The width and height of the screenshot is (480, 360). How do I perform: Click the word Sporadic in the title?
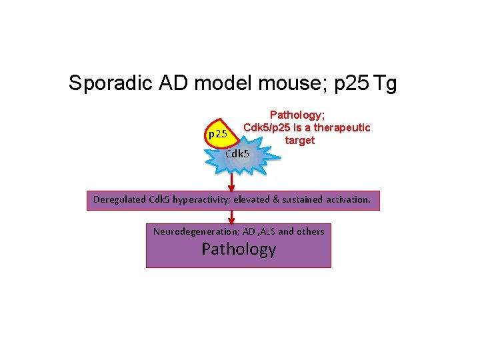coord(111,83)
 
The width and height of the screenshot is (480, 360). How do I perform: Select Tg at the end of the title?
coord(385,83)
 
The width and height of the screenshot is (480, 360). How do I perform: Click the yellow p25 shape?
coord(218,133)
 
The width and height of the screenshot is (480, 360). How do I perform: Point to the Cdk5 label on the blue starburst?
coord(237,154)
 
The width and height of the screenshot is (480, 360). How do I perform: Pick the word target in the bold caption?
coord(299,140)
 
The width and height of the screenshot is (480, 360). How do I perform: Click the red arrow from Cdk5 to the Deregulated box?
coord(231,182)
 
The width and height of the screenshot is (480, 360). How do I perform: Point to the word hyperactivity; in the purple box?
coord(198,199)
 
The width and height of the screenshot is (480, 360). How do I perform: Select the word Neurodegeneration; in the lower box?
coord(189,231)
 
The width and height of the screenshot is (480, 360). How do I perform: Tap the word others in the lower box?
coord(310,231)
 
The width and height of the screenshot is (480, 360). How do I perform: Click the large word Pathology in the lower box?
coord(239,249)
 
